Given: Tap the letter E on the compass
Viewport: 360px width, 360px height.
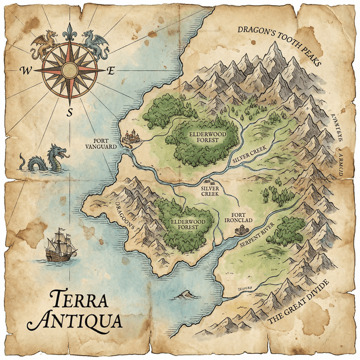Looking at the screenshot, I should tap(111, 70).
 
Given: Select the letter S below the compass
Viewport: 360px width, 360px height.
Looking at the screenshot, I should tap(70, 112).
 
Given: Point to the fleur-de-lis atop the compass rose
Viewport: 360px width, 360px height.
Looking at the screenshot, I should tap(69, 32).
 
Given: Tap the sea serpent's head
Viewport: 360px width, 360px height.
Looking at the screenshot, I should tap(58, 152).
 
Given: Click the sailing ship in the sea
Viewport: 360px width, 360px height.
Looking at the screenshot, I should tap(61, 246).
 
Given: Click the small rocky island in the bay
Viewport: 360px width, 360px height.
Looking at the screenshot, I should tap(183, 294).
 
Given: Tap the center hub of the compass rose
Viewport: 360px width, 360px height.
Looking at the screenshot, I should tap(69, 70).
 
